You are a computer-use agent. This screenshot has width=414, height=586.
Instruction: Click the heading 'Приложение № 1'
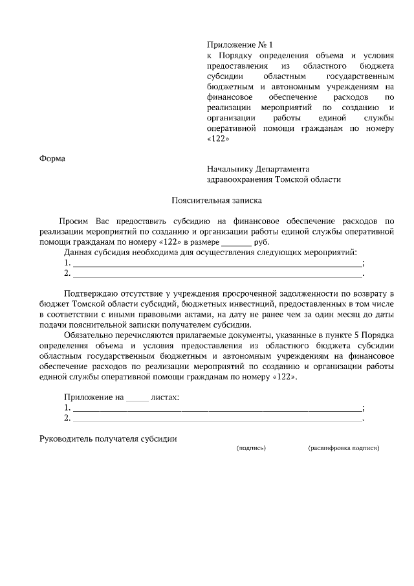pos(241,45)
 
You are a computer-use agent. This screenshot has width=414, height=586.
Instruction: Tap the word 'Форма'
pos(52,157)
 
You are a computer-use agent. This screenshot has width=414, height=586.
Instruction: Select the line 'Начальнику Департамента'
pos(258,168)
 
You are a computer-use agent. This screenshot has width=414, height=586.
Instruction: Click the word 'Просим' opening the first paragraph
pos(73,221)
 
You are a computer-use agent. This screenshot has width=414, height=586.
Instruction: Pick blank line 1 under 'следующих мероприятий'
pos(217,264)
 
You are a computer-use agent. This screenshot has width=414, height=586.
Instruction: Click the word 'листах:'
pos(165,396)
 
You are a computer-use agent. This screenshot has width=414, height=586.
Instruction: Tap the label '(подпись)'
pos(251,447)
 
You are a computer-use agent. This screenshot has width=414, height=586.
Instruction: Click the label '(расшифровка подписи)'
pos(343,447)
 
